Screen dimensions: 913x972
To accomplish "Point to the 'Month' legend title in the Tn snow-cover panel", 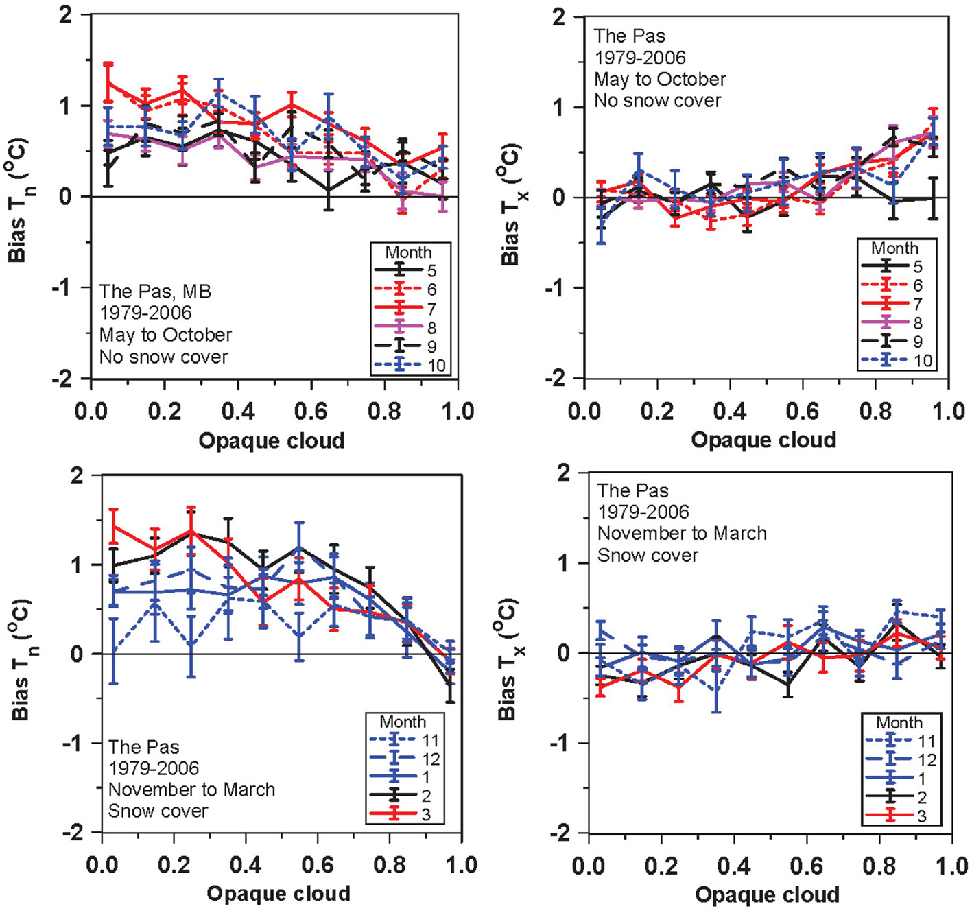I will click(403, 722).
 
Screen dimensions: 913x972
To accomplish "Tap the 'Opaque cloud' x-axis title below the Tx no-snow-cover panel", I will click(763, 440).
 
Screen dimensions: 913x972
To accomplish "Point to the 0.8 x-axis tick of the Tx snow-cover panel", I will click(879, 866).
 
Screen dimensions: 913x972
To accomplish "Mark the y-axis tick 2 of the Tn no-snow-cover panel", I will click(66, 15).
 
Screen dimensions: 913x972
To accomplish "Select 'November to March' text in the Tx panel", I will click(682, 533).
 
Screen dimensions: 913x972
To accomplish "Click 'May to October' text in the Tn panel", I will click(165, 335).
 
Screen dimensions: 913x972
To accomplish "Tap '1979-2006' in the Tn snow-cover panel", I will click(154, 768).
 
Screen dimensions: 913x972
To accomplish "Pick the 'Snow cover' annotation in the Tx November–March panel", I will click(648, 555).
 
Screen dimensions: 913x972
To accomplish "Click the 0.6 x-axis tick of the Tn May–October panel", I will click(311, 412).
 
